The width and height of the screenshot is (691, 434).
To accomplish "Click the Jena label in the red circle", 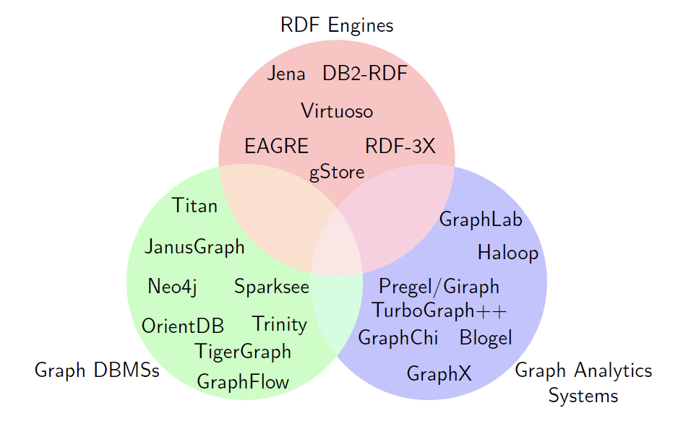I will (x=286, y=74).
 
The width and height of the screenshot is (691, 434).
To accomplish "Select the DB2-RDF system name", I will (x=364, y=74).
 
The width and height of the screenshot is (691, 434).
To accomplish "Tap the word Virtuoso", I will (x=337, y=111).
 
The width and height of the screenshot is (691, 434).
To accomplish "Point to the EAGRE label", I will (x=276, y=147).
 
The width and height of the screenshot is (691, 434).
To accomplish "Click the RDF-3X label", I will (x=400, y=147).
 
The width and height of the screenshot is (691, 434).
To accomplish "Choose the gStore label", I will (x=337, y=173).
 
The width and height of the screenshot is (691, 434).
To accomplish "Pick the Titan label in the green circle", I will (x=195, y=207).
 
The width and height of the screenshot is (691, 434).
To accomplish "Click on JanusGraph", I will (x=195, y=248).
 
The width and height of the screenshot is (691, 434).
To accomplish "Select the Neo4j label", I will (x=172, y=287).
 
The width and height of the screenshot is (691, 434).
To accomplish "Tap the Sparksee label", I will (x=272, y=287).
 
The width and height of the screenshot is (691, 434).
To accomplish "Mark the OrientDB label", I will (x=183, y=326).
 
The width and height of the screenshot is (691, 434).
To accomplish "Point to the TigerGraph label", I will (x=243, y=352).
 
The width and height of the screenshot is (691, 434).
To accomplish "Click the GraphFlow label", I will (x=243, y=382).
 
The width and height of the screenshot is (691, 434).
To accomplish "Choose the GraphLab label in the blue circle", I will (x=481, y=220).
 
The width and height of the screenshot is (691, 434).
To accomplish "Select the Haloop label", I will (x=508, y=253).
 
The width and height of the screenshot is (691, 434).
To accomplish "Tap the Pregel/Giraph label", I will (x=439, y=287).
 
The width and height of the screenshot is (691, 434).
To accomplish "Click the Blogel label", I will (x=486, y=338).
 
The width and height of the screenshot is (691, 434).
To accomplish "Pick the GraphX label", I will (x=439, y=374).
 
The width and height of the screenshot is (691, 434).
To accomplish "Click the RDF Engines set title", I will (x=337, y=26).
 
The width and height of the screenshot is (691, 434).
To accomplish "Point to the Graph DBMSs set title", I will (x=97, y=371).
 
